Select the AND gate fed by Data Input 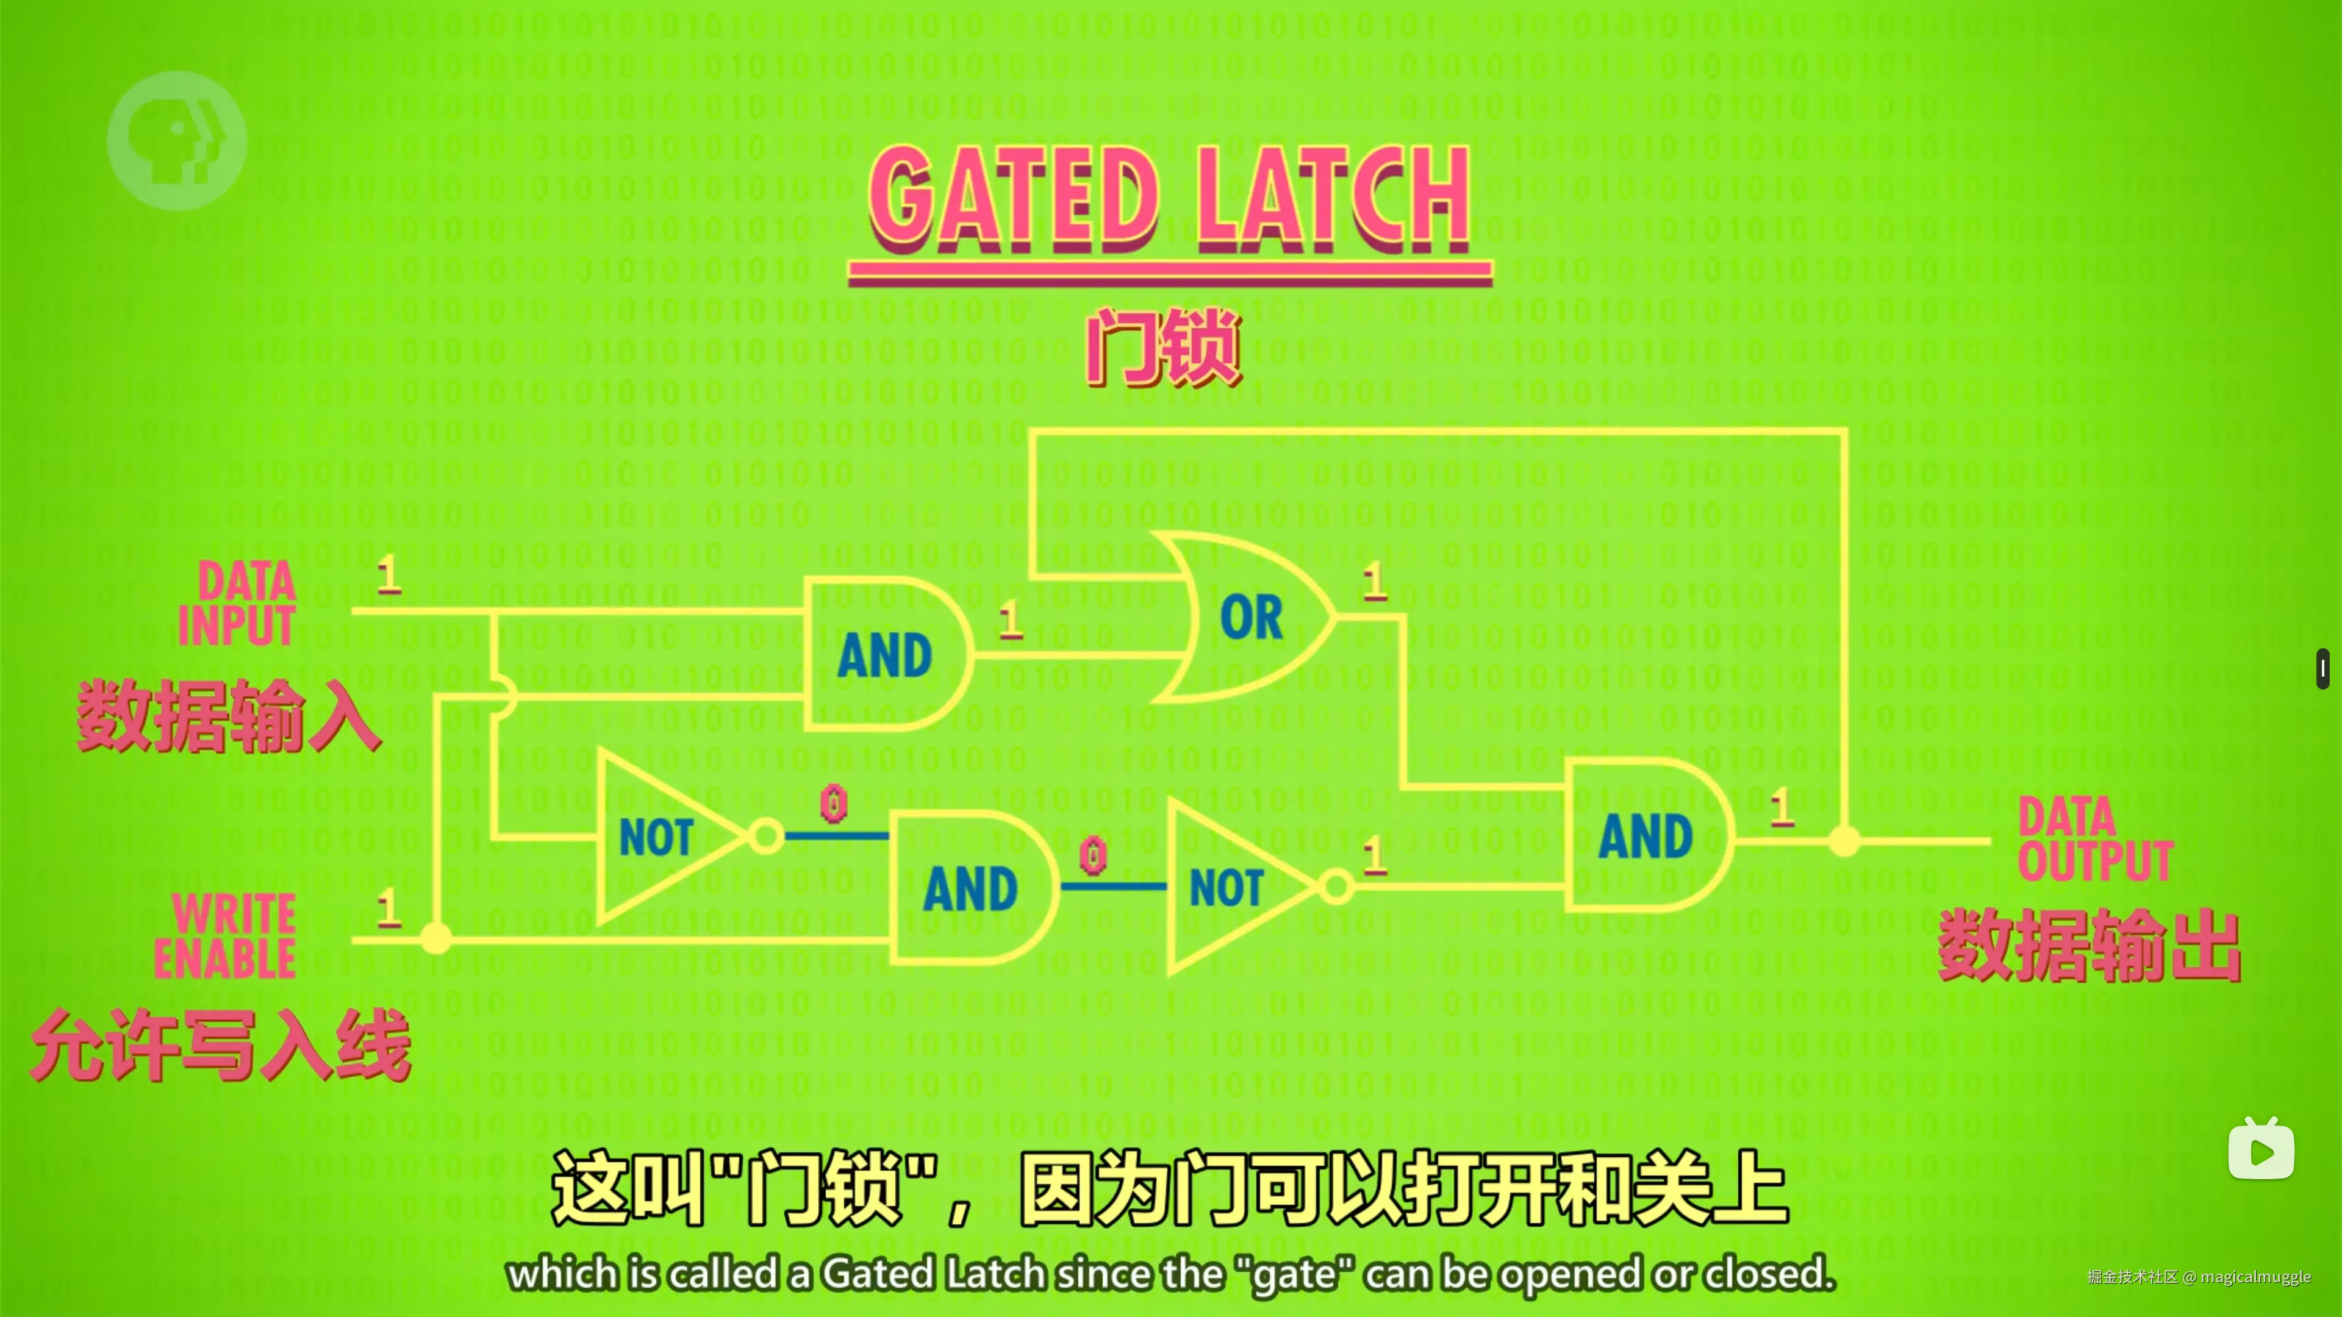click(x=884, y=654)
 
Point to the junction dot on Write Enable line click(x=437, y=937)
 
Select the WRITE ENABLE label click(x=226, y=936)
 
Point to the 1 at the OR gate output click(x=1373, y=581)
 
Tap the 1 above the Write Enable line click(x=389, y=907)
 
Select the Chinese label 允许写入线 click(x=221, y=1045)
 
